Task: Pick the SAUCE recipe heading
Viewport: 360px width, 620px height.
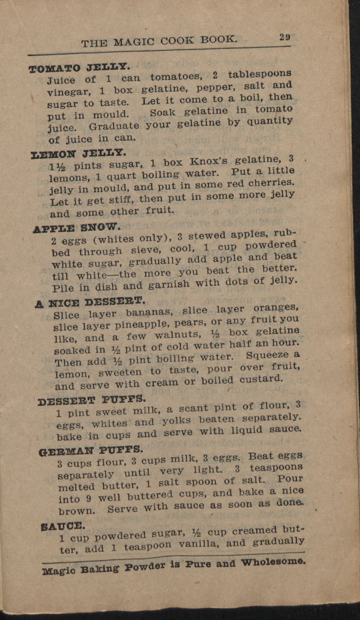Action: (x=63, y=526)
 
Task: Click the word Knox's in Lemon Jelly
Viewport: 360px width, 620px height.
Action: (x=208, y=161)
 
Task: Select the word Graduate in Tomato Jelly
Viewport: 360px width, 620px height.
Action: (x=114, y=126)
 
